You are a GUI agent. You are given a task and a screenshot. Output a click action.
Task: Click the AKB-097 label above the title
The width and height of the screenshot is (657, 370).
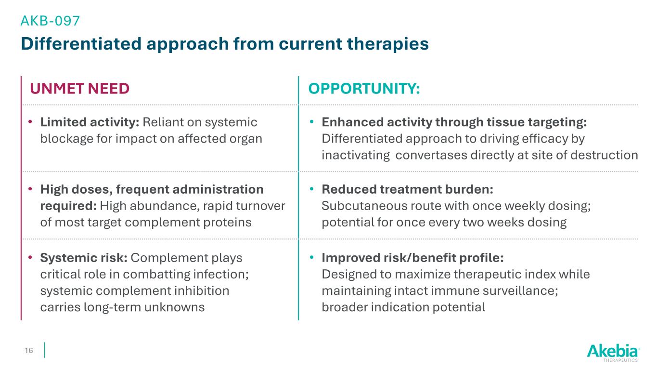coord(50,21)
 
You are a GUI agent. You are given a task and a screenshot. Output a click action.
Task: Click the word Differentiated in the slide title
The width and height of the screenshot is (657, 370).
coord(81,44)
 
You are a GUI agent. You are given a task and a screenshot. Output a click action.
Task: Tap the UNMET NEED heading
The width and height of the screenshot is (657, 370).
coord(79,88)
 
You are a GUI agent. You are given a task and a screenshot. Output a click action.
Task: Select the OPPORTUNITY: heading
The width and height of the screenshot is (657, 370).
coord(364,88)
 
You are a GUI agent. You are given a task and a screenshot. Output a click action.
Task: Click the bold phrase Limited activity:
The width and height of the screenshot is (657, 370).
coord(90,122)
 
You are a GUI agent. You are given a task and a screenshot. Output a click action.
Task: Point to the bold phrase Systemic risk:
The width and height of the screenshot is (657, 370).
coord(84,258)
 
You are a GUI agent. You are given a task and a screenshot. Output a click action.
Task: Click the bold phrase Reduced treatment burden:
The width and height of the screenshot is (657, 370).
coord(407,189)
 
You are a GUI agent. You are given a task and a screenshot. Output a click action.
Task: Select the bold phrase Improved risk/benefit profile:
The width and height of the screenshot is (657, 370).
coord(412,258)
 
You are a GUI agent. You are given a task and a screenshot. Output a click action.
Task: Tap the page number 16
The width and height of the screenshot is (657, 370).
coord(29,350)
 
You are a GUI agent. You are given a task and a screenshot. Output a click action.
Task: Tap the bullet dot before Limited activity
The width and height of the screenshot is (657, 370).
coord(30,121)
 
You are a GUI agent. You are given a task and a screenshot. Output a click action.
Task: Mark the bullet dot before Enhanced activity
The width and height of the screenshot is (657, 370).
coord(312,121)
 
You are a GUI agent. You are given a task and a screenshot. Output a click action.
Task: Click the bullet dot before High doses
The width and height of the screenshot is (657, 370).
coord(30,189)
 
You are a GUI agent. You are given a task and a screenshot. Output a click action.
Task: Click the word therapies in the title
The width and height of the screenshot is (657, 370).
coord(388,44)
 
